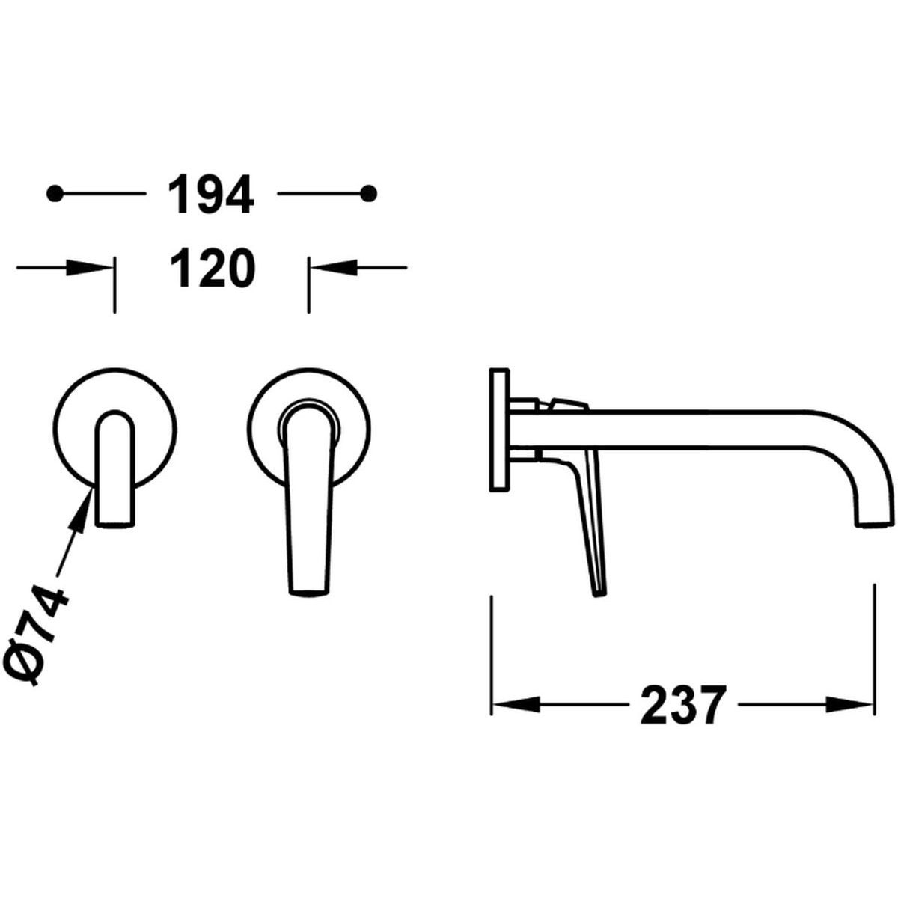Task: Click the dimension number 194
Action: click(x=210, y=194)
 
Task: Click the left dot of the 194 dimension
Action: click(x=55, y=193)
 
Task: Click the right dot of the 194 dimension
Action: click(x=369, y=193)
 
